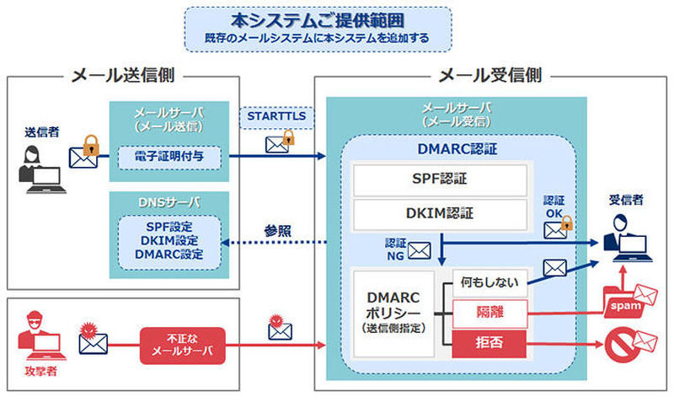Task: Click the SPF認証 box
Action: [x=439, y=180]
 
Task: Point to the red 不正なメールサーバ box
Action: [x=184, y=344]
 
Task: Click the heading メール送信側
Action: [x=119, y=75]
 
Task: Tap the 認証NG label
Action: [x=395, y=247]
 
